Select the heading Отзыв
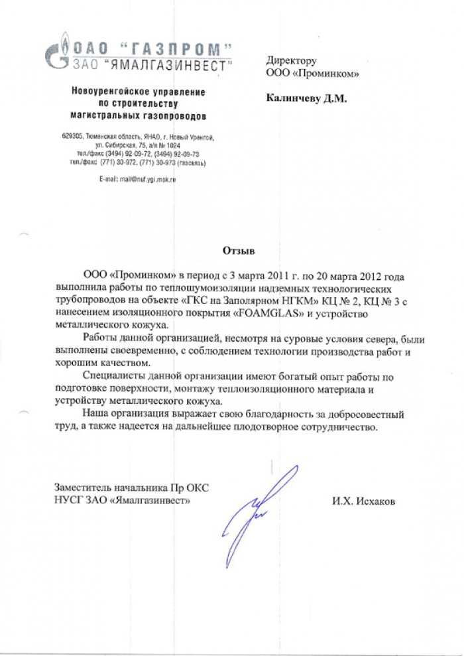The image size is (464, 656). (237, 251)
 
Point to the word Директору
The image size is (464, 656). (292, 61)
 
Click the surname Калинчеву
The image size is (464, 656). (293, 98)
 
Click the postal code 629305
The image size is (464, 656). (72, 137)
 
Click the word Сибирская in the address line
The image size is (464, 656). (122, 145)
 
